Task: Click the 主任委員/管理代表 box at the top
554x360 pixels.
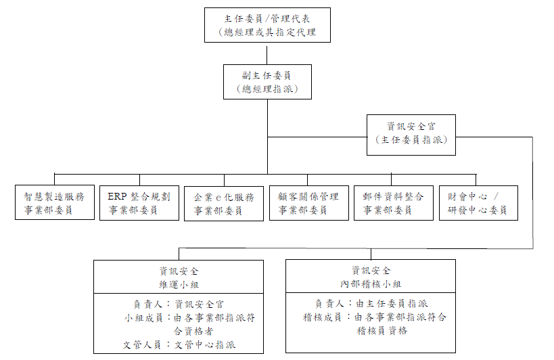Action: [267, 25]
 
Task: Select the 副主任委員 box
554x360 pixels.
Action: [267, 81]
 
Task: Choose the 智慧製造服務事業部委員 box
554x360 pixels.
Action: [54, 203]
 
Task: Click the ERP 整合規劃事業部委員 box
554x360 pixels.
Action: [139, 203]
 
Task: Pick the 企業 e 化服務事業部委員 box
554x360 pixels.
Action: [224, 203]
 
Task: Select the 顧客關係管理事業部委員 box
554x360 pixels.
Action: [308, 203]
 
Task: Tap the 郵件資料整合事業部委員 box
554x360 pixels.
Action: [394, 203]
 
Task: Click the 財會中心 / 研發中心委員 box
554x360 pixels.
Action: [478, 203]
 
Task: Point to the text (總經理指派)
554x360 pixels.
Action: [267, 89]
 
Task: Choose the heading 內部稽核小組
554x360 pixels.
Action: [370, 283]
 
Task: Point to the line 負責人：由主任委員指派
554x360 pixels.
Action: [370, 304]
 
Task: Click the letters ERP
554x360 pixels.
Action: [117, 196]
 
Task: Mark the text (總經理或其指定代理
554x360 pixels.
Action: [267, 32]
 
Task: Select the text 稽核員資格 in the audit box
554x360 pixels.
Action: [382, 331]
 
